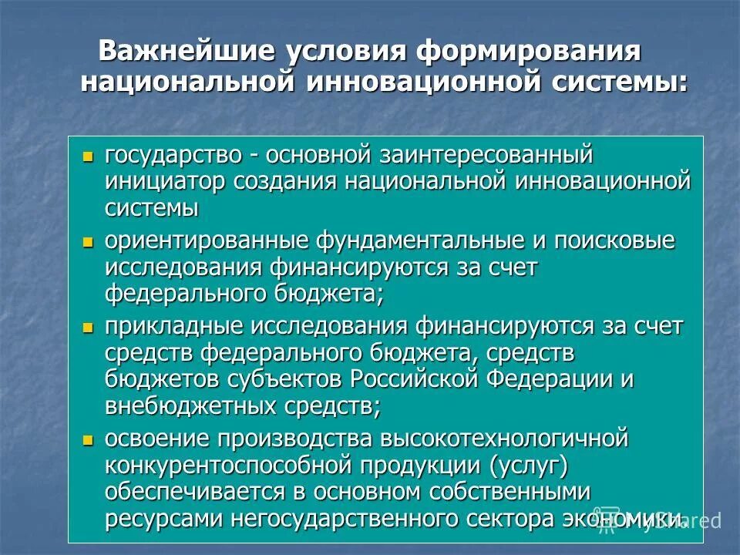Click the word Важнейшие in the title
[187, 52]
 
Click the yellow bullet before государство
[87, 156]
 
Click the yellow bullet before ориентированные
[87, 242]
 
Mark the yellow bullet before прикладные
[87, 328]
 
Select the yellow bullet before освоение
[87, 440]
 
